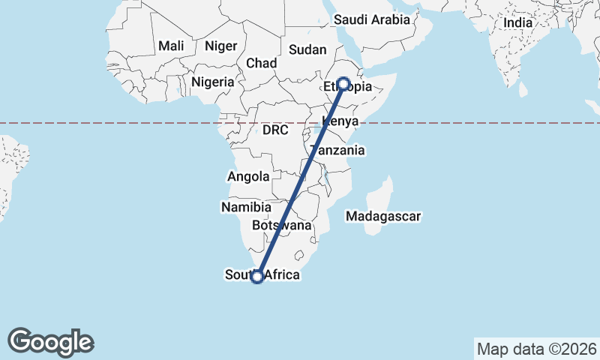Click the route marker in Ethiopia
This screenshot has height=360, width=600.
click(x=343, y=84)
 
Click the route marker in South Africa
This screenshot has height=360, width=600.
click(x=257, y=277)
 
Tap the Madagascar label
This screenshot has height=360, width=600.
click(x=382, y=217)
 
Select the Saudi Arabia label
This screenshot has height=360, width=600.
click(x=372, y=20)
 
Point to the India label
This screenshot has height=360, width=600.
click(x=517, y=22)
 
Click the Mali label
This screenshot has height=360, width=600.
click(x=171, y=46)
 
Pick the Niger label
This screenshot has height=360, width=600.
click(x=221, y=46)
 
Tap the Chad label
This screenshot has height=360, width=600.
click(x=261, y=63)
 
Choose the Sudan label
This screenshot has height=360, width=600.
click(x=307, y=50)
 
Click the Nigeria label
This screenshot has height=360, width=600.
click(x=214, y=82)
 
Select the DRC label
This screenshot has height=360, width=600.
click(x=275, y=130)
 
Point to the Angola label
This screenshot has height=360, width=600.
click(x=247, y=177)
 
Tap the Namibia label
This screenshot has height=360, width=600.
click(x=246, y=207)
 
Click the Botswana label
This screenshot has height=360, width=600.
click(x=281, y=225)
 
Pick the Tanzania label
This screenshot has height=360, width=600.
click(x=337, y=151)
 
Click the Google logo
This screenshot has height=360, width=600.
click(x=50, y=342)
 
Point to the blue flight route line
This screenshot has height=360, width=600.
click(x=300, y=180)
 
